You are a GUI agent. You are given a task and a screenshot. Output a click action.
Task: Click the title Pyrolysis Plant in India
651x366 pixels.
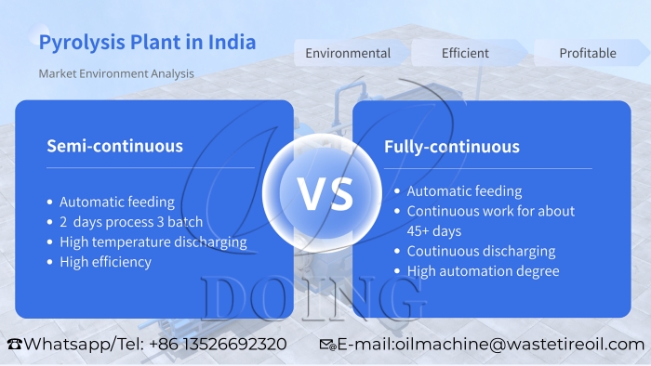click(147, 43)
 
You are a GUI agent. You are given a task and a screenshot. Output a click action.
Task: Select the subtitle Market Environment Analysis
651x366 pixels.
click(116, 73)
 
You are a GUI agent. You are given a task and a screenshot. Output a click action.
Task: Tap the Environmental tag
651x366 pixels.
click(348, 53)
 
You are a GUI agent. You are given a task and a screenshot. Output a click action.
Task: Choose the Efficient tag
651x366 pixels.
click(465, 53)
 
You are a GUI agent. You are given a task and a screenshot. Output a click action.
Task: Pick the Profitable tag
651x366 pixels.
click(588, 53)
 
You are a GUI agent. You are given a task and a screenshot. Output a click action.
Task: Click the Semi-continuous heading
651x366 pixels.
click(114, 146)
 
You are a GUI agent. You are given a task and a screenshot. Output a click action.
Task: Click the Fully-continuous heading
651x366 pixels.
click(452, 147)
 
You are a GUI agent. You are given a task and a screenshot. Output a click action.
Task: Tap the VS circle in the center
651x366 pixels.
click(325, 193)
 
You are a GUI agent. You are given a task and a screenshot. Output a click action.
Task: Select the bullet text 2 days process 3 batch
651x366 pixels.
click(131, 222)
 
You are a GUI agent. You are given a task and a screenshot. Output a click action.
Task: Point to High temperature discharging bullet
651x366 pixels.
click(153, 242)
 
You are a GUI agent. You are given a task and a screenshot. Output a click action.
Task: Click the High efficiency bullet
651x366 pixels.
click(105, 262)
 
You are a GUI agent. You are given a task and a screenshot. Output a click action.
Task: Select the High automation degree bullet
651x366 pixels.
click(483, 271)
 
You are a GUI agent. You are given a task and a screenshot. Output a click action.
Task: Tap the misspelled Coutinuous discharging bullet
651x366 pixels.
click(481, 251)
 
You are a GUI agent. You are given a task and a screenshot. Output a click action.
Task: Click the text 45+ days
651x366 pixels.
click(433, 230)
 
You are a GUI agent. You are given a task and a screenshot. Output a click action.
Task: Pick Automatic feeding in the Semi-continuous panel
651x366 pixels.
click(116, 202)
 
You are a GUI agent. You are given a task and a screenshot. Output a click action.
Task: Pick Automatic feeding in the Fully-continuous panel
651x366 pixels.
click(464, 191)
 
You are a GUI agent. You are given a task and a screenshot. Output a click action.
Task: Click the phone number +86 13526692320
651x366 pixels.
click(217, 344)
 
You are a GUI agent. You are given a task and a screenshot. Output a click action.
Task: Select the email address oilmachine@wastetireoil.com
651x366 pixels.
click(517, 344)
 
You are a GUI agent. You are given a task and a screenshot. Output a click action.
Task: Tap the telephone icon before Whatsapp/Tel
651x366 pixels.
click(14, 345)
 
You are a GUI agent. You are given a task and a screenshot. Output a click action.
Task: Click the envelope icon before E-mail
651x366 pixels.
click(327, 345)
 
